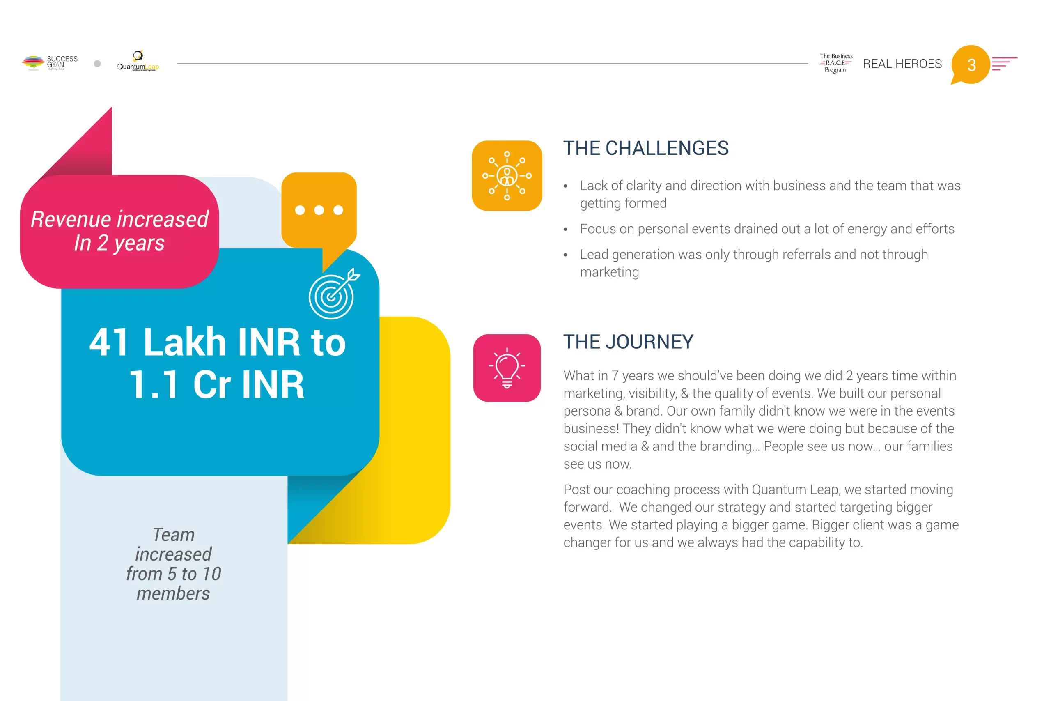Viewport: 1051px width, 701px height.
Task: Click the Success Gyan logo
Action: click(50, 63)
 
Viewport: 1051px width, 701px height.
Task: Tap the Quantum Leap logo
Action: click(138, 61)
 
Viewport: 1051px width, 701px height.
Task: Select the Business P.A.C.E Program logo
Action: click(835, 63)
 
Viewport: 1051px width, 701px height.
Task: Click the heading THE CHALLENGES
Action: click(646, 148)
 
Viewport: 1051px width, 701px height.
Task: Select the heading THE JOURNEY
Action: click(628, 342)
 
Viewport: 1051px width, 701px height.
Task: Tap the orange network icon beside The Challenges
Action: click(507, 176)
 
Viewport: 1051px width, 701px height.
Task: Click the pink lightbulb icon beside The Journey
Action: click(507, 368)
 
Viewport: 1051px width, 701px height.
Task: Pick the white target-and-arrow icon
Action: click(333, 294)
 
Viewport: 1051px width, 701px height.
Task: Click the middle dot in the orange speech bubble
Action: click(319, 210)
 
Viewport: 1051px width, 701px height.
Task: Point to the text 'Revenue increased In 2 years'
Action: click(120, 231)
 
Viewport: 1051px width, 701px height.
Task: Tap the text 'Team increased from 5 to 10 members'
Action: click(173, 564)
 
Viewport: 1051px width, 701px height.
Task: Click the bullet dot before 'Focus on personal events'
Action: click(565, 229)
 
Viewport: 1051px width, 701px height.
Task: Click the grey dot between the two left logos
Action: click(97, 64)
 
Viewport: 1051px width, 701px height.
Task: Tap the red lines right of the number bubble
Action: click(1004, 64)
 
